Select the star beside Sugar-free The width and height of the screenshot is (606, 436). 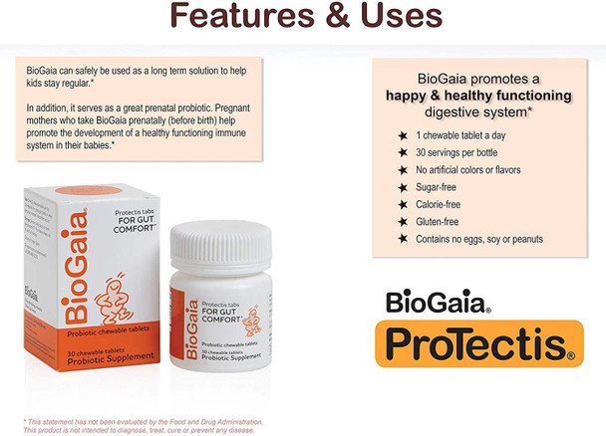coord(402,186)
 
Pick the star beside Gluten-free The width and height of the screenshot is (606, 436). coord(402,221)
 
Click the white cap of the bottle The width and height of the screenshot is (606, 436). coord(219,243)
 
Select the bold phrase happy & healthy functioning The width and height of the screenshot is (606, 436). coord(478,96)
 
